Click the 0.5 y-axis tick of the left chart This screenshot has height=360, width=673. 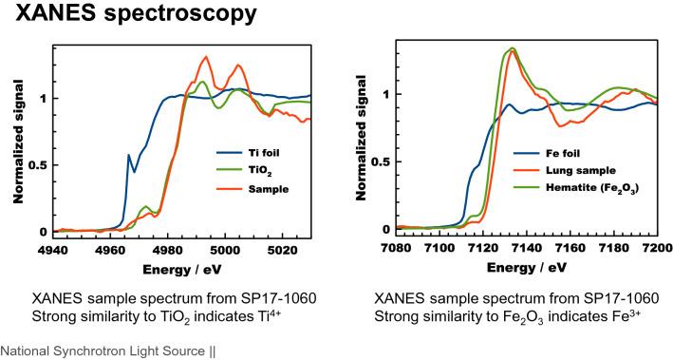click(x=36, y=164)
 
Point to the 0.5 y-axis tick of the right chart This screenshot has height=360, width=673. click(x=383, y=161)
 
